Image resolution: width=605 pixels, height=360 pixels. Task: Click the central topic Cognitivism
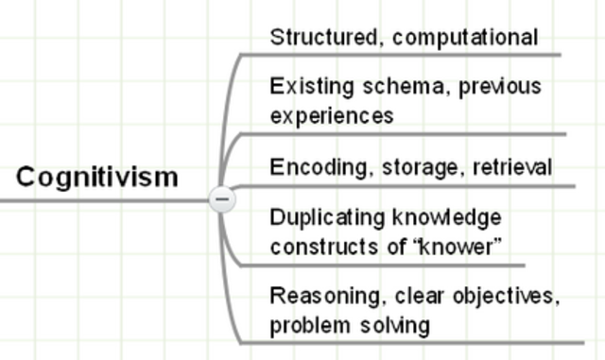click(97, 177)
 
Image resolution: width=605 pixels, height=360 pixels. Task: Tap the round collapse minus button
click(222, 199)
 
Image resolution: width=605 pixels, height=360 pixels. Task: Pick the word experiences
click(331, 116)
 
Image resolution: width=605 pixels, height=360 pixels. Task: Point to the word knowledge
click(445, 218)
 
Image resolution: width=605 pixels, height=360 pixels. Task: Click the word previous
click(502, 87)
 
